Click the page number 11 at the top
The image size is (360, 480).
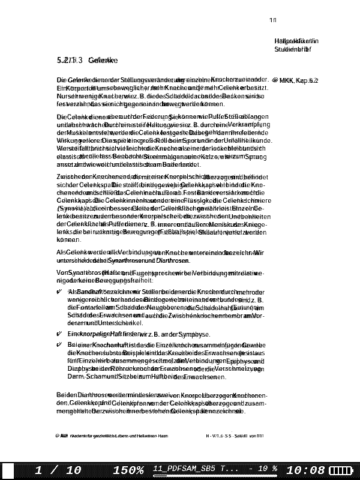pyautogui.click(x=273, y=21)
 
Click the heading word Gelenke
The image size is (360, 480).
pyautogui.click(x=103, y=61)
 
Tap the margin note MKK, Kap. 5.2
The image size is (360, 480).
pyautogui.click(x=298, y=80)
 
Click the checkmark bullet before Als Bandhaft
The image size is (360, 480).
pyautogui.click(x=59, y=291)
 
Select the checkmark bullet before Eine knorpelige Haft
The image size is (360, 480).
pyautogui.click(x=59, y=334)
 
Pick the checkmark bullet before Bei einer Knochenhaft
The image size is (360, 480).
pyautogui.click(x=59, y=346)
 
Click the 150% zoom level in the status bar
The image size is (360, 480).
pyautogui.click(x=128, y=470)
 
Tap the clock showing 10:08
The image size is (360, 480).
pyautogui.click(x=306, y=470)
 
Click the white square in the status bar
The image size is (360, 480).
pyautogui.click(x=9, y=470)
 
